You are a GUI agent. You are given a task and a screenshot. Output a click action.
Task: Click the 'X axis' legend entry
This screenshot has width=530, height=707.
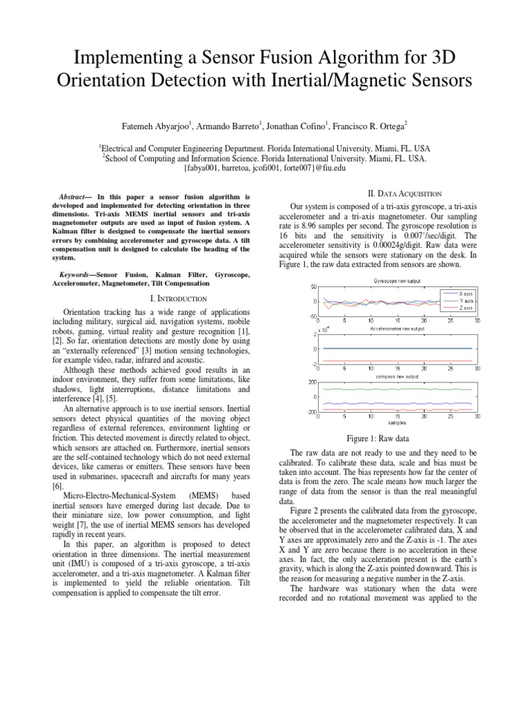[464, 293]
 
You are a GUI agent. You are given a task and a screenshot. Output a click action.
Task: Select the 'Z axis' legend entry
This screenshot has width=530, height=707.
[464, 309]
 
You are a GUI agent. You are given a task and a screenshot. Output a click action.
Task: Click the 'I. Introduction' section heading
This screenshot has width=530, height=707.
[179, 298]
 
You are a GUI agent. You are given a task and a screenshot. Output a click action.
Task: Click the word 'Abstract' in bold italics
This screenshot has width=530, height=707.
[74, 197]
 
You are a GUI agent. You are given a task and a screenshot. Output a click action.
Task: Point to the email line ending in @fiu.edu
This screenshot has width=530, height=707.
[264, 167]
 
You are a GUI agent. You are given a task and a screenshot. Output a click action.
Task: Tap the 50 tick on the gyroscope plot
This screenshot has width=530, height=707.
[313, 287]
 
